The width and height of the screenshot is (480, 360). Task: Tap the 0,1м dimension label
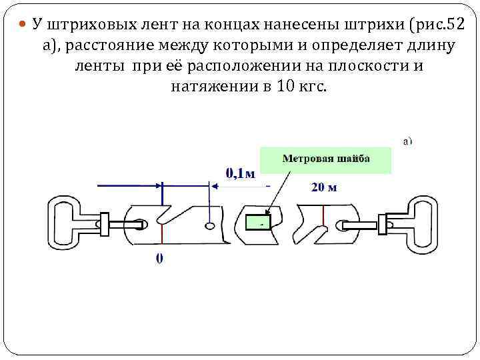click(x=240, y=173)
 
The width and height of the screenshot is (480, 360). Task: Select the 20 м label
click(x=324, y=187)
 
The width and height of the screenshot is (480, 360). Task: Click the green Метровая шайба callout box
click(x=325, y=159)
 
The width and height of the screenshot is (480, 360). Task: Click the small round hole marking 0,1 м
click(x=210, y=227)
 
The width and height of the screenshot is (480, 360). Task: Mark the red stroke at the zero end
click(x=161, y=227)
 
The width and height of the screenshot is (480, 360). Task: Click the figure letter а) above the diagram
click(x=407, y=141)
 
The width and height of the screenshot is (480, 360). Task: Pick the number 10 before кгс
click(x=279, y=87)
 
